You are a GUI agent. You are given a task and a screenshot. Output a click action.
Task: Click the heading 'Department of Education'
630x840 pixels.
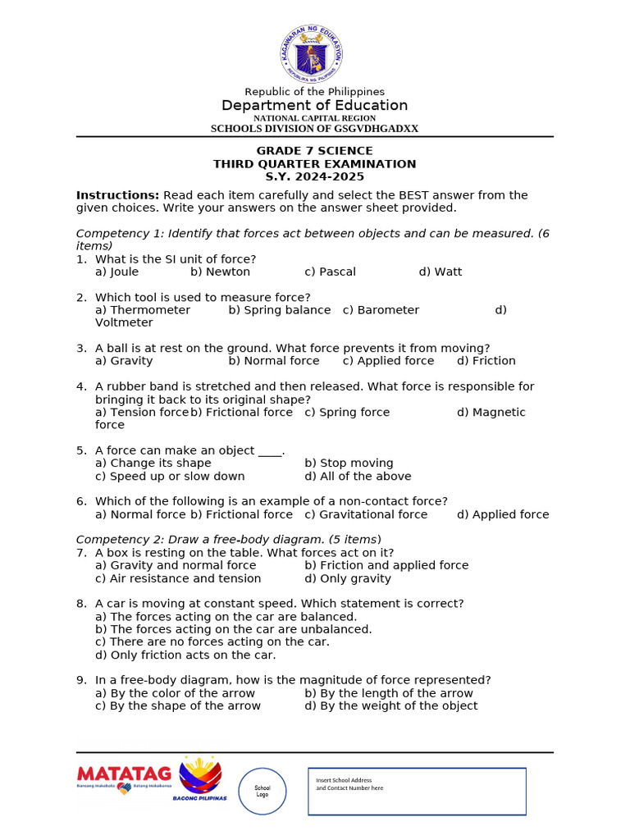tap(314, 106)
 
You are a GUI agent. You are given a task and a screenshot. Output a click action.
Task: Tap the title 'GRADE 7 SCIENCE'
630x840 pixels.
tap(314, 151)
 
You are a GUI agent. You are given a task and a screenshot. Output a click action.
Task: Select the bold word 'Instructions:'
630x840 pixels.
tap(117, 195)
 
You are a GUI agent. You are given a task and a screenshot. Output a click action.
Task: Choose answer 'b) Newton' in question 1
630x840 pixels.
tap(220, 272)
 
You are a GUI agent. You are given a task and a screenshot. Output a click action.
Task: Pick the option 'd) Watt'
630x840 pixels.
tap(441, 272)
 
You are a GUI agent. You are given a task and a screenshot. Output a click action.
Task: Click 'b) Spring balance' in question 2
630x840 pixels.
tap(280, 310)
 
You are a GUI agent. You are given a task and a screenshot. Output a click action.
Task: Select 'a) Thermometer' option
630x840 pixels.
tap(143, 310)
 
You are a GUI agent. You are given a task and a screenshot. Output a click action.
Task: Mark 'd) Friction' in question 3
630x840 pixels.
tap(486, 361)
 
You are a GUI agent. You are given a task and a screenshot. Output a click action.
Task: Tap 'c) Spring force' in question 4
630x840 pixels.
tap(347, 413)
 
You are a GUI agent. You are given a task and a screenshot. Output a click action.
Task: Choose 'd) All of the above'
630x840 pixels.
tap(358, 477)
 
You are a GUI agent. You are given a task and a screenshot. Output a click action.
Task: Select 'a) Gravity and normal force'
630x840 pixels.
tap(176, 566)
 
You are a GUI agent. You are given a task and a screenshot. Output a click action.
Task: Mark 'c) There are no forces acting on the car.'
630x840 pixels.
tap(212, 642)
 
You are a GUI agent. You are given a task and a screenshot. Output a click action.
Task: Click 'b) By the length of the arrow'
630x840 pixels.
tap(389, 694)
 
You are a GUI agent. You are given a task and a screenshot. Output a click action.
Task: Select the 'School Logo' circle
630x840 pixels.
tap(262, 792)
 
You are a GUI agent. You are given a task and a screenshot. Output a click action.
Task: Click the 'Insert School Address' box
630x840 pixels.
tap(417, 792)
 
